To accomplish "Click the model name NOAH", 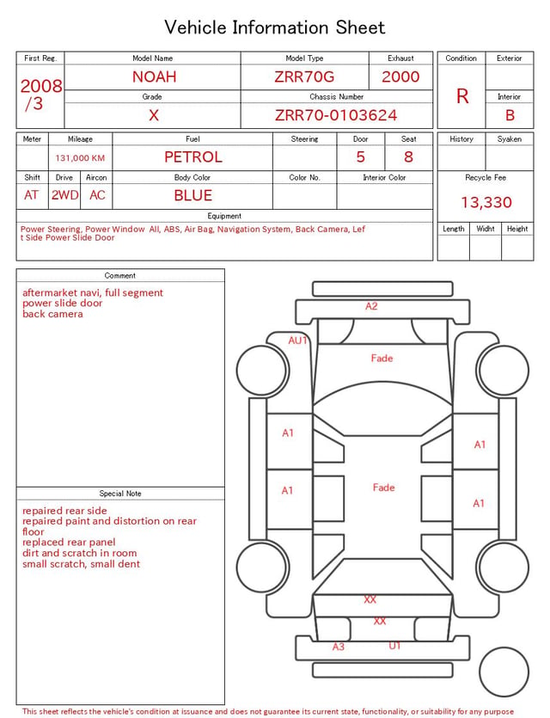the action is [154, 77].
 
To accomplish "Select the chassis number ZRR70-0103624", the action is [336, 115].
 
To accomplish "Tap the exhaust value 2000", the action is [400, 77].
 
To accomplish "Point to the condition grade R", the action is [462, 96].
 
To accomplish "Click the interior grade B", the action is [510, 115].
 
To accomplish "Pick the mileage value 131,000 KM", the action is [80, 158].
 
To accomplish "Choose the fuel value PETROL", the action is [193, 157].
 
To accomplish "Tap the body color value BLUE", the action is [193, 195].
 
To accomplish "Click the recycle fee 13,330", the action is [486, 202].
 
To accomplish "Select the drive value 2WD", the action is [64, 195].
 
